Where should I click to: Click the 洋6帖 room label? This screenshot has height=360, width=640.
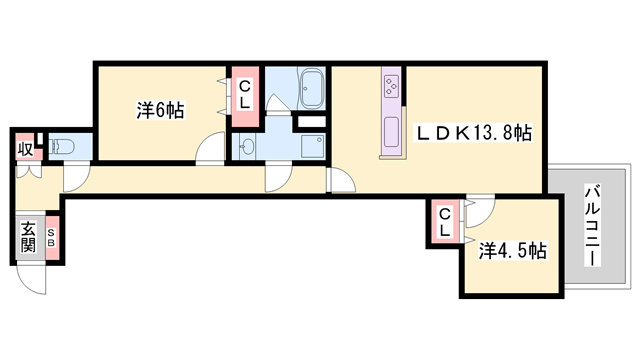(160, 110)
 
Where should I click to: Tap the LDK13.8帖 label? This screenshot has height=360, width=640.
(473, 133)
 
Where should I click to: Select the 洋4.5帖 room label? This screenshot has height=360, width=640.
(513, 251)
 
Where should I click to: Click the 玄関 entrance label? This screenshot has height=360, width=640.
(28, 238)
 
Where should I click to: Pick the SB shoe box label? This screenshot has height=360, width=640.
(51, 237)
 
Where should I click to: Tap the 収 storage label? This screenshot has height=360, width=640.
(25, 149)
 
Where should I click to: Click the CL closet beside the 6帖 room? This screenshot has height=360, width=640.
(244, 95)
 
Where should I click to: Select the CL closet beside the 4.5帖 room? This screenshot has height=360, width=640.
(444, 222)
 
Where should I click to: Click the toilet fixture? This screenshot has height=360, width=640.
(62, 147)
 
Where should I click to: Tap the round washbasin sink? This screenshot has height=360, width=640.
(246, 146)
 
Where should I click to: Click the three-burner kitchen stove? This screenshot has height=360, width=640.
(392, 86)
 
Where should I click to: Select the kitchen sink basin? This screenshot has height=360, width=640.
(392, 132)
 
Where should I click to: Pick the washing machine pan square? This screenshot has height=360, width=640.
(313, 146)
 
